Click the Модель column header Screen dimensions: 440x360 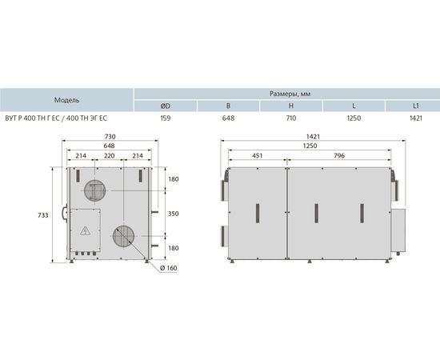(x=66, y=100)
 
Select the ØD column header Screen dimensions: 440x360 (x=166, y=106)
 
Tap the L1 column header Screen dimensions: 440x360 (x=416, y=106)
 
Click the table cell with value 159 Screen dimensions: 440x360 (x=166, y=118)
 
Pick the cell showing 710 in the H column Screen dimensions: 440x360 (x=291, y=118)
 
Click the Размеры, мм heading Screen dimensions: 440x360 (x=290, y=94)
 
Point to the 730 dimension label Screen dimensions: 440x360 (x=110, y=137)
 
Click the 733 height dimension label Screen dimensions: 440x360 (x=43, y=215)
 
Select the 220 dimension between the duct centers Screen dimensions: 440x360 (x=109, y=156)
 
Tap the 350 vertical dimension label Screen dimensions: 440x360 (x=173, y=214)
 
